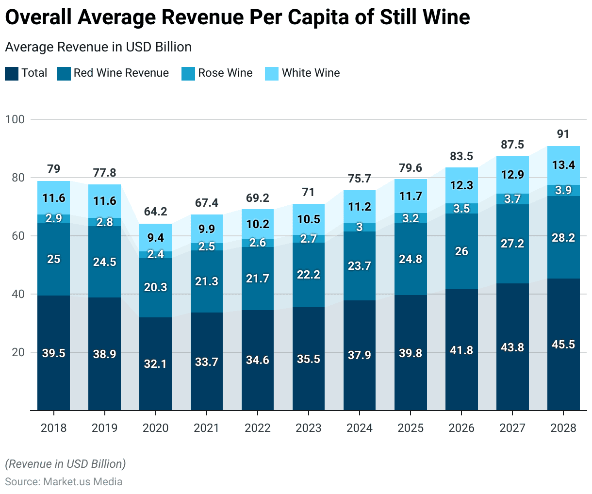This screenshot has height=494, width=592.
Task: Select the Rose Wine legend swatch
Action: point(188,74)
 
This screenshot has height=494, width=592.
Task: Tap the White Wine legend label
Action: point(311,73)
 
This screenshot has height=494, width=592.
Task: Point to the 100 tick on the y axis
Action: point(15,119)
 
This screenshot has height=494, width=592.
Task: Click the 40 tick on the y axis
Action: point(18,294)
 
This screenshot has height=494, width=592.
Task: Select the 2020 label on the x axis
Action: point(155,428)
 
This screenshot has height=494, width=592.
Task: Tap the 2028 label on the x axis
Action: point(563,428)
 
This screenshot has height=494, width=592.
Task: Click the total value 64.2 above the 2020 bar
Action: point(155,212)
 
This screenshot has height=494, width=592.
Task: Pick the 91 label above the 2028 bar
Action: point(563,134)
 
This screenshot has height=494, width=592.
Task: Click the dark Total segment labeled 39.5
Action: point(53,353)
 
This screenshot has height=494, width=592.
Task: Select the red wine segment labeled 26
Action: point(461,251)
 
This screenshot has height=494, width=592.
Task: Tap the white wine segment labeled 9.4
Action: point(155,238)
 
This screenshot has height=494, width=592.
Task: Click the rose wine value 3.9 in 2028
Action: point(563,190)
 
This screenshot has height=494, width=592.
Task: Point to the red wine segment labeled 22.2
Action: point(309,275)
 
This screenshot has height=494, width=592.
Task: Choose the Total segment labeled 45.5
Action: point(563,345)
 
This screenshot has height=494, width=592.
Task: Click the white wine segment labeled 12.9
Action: point(512,175)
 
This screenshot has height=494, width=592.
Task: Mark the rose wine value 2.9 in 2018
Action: point(53,218)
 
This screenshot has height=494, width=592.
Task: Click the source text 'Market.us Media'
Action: point(83,482)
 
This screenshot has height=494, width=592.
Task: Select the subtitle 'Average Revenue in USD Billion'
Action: point(98,47)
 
